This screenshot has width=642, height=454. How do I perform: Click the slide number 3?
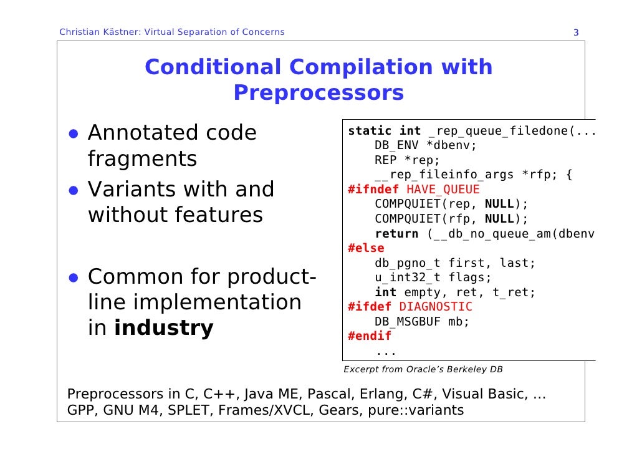[576, 32]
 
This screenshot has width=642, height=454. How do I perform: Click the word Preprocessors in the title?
[319, 93]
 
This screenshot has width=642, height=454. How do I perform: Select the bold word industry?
[163, 328]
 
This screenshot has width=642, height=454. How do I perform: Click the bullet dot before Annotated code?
[73, 133]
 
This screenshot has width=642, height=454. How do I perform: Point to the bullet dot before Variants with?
[73, 190]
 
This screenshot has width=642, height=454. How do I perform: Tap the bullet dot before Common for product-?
[73, 277]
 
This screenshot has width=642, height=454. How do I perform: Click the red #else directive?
[366, 248]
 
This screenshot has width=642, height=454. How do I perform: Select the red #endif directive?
[370, 336]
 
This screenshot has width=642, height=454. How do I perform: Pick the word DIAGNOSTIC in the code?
[436, 307]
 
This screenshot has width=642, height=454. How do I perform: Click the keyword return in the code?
[396, 234]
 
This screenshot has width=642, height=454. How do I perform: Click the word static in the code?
[370, 131]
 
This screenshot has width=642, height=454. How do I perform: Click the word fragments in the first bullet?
[142, 160]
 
